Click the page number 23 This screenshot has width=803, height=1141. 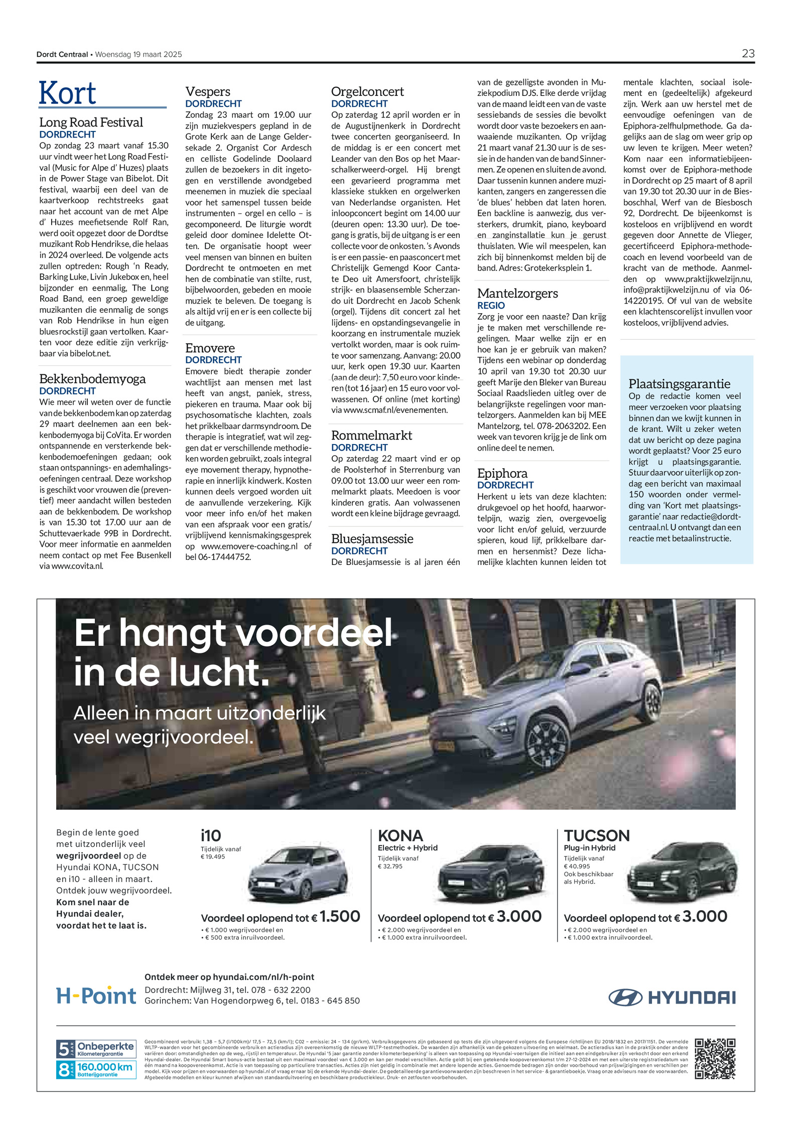[747, 54]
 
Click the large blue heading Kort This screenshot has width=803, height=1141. [68, 93]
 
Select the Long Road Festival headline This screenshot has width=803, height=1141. [91, 122]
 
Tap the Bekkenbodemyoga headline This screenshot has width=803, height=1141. [92, 379]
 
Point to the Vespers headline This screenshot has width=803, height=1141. [208, 92]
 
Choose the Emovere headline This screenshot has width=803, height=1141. [210, 348]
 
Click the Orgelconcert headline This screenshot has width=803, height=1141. [367, 92]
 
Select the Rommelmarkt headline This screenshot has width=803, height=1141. [371, 436]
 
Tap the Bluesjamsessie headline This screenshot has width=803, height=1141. [372, 539]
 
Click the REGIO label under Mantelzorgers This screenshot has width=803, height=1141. [491, 306]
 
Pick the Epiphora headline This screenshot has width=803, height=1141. [502, 474]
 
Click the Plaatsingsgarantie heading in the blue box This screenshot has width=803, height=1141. [679, 384]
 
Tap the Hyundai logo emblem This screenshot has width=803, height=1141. [625, 997]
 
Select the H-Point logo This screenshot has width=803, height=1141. [96, 995]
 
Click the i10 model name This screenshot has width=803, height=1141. [211, 836]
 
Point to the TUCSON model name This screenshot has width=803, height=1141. [596, 836]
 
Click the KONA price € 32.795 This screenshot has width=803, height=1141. [390, 867]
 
